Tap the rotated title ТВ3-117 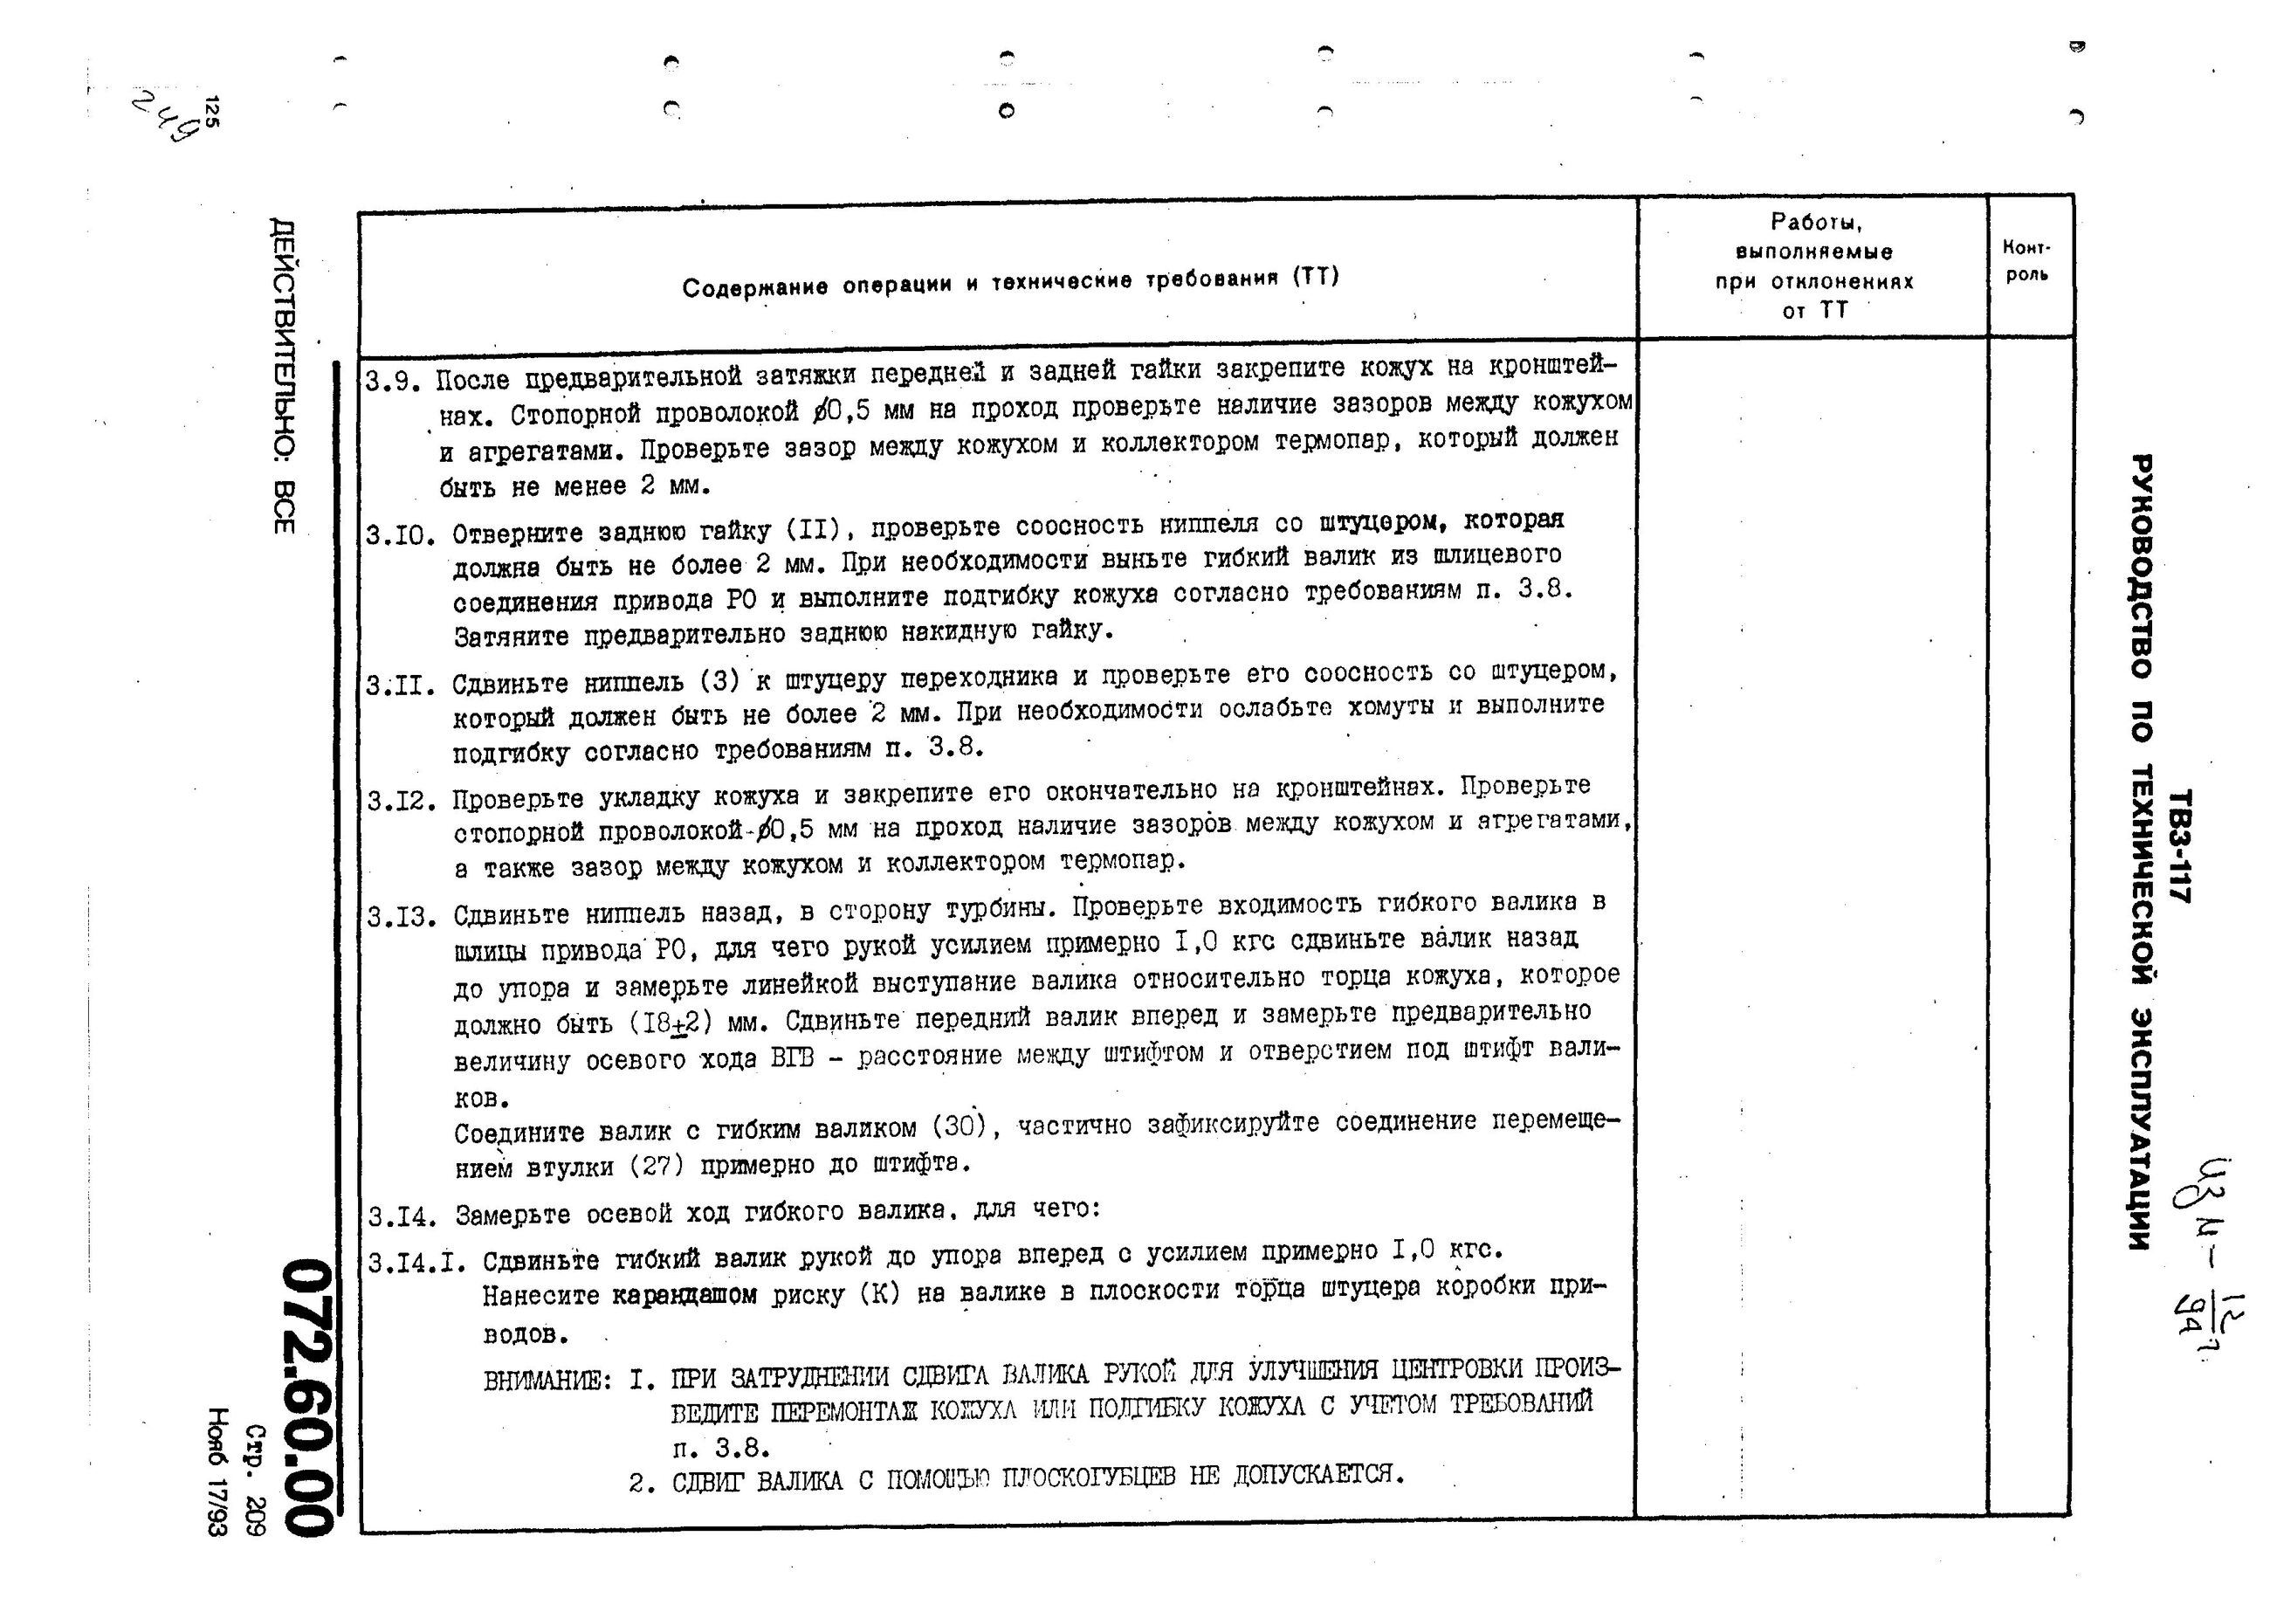coord(2179,845)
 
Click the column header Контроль coord(2026,260)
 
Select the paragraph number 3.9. coord(395,382)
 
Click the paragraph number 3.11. coord(399,685)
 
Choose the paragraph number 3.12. coord(402,800)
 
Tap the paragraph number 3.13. coord(402,917)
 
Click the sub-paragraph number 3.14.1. coord(416,1264)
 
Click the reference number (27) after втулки coord(657,1165)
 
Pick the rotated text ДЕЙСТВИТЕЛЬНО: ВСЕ coord(283,375)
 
